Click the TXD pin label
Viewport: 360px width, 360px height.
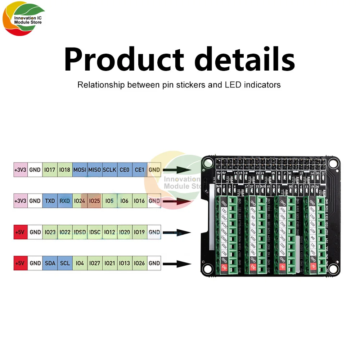50,201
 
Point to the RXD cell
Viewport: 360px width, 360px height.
65,201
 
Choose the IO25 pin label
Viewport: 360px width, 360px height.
95,201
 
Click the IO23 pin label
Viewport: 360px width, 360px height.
50,232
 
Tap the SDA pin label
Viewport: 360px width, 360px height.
50,263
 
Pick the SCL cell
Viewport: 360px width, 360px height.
65,263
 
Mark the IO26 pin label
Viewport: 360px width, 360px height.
139,263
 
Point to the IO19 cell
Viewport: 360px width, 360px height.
139,232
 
